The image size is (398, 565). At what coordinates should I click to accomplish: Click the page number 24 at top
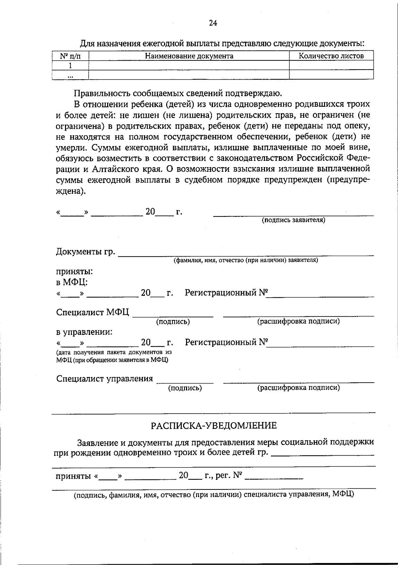coord(213,23)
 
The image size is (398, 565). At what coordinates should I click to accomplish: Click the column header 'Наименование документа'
coord(189,56)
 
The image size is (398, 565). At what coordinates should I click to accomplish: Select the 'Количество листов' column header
coord(331,56)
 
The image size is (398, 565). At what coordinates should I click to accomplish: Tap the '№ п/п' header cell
coord(70,56)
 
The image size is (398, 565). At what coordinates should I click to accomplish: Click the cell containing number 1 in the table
coord(70,65)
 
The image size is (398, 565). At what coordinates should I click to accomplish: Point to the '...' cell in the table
coord(70,75)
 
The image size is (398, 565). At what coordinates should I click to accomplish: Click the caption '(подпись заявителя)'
coord(293,220)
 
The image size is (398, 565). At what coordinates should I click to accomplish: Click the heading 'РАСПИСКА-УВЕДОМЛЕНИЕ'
coord(214,425)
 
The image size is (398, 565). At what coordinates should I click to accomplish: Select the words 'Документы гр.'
coord(86,252)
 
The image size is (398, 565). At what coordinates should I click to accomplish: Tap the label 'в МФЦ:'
coord(72,282)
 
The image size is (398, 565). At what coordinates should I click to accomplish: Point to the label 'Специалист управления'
coord(104,379)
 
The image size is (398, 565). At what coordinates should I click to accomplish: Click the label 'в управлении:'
coord(84,332)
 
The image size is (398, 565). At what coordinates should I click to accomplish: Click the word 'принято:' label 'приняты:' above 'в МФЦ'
coord(74,272)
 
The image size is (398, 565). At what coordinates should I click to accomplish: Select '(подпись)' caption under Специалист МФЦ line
coord(173,322)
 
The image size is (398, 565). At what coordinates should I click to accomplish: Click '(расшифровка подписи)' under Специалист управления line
coord(298,388)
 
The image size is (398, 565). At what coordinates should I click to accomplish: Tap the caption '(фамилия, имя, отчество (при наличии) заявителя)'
coord(246,260)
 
